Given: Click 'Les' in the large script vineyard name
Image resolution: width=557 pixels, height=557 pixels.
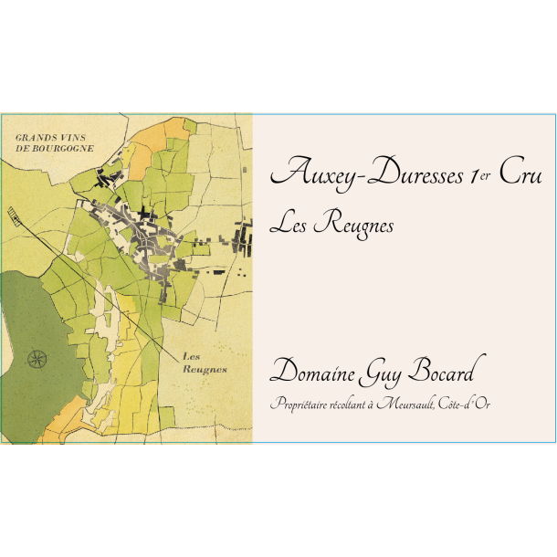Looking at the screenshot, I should (292, 224).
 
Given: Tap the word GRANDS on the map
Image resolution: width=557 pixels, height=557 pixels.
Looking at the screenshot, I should (37, 137).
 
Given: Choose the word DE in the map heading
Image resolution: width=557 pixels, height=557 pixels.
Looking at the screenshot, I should (22, 148).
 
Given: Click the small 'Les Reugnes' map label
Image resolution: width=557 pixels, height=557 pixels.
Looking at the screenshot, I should (204, 363).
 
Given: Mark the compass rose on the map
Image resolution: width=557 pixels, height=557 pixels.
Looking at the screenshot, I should (37, 357).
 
